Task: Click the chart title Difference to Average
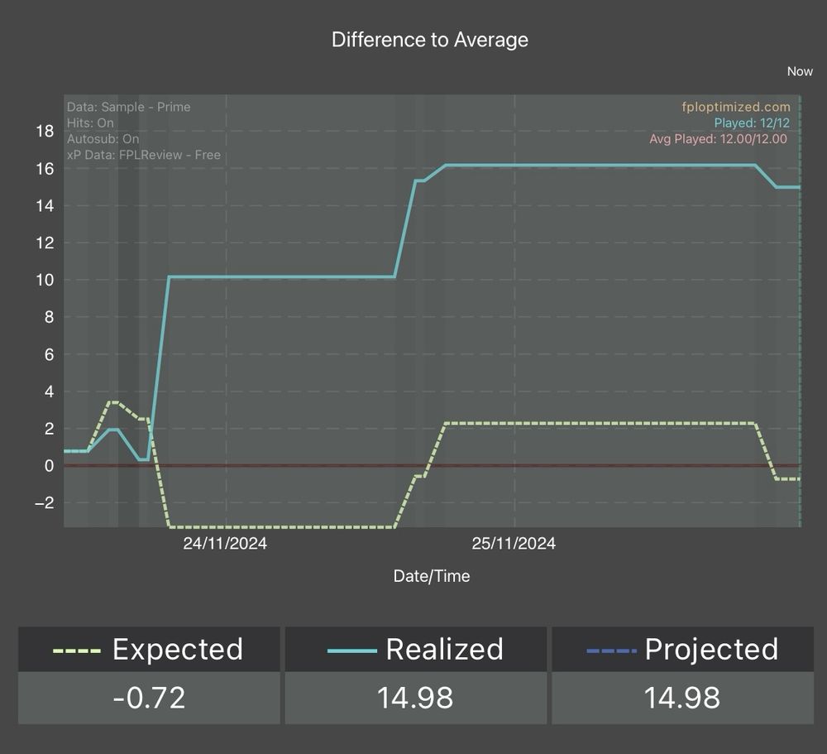coord(429,40)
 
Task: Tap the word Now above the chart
coord(800,71)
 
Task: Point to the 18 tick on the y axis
coord(45,131)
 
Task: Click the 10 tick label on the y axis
coord(45,280)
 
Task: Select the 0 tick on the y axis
coord(49,466)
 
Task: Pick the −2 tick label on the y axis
coord(42,503)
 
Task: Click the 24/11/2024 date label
coord(225,544)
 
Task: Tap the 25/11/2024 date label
coord(514,544)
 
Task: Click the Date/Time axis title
coord(432,576)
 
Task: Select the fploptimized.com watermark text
coord(735,107)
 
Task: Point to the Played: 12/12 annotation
coord(752,122)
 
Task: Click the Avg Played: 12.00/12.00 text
coord(718,139)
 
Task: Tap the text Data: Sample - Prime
coord(128,107)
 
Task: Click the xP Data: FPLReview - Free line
coord(143,155)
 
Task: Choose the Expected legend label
coord(177,650)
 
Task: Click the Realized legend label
coord(444,650)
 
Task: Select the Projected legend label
coord(711,650)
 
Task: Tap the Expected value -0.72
coord(149,698)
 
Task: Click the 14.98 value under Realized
coord(415,698)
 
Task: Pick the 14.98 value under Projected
coord(682,698)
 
